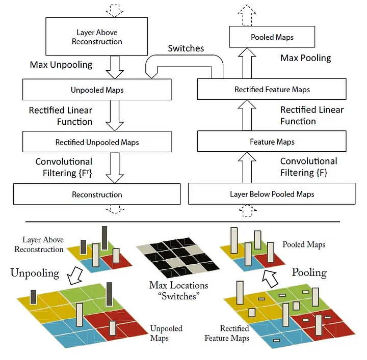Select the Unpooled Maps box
97,90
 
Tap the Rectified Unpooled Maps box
97,142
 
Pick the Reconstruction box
97,195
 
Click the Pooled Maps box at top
272,37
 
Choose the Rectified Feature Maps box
272,90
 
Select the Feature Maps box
272,142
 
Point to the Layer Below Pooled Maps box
272,194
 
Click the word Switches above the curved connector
186,49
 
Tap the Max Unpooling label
61,65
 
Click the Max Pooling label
305,58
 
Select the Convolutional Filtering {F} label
308,167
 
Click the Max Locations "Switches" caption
178,291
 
